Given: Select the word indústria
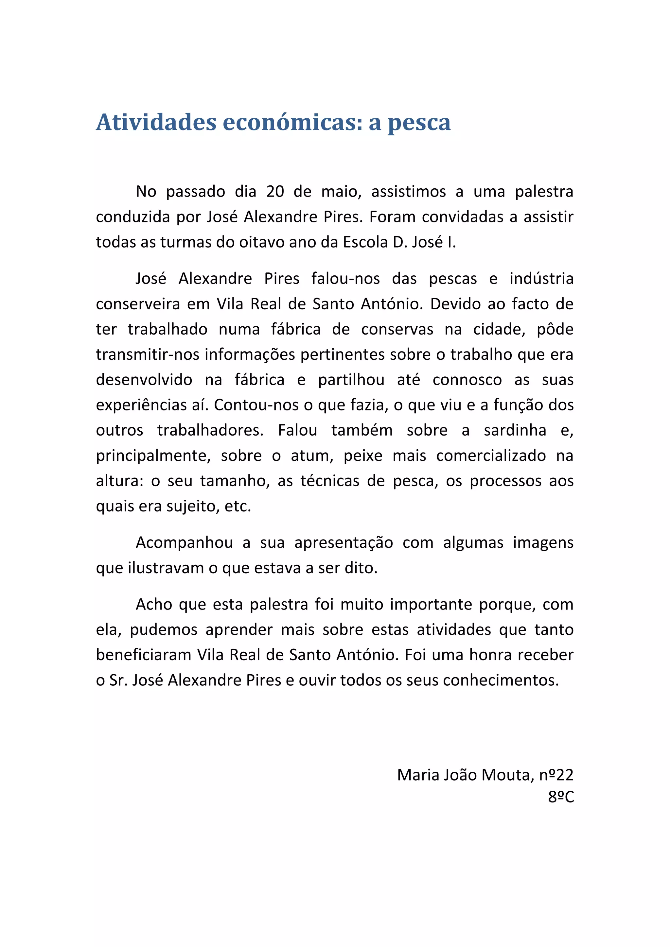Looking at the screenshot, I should (541, 279).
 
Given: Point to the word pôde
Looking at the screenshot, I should (555, 330).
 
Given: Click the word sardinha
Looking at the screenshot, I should (515, 430).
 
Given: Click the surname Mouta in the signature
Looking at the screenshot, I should (507, 775).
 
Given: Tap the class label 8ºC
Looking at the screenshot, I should (561, 797).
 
